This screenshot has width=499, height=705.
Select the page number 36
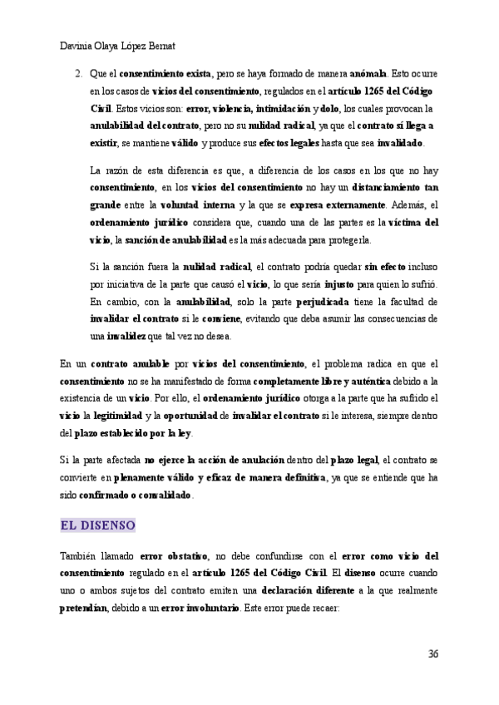pyautogui.click(x=432, y=653)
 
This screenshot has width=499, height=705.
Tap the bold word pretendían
pyautogui.click(x=84, y=607)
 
